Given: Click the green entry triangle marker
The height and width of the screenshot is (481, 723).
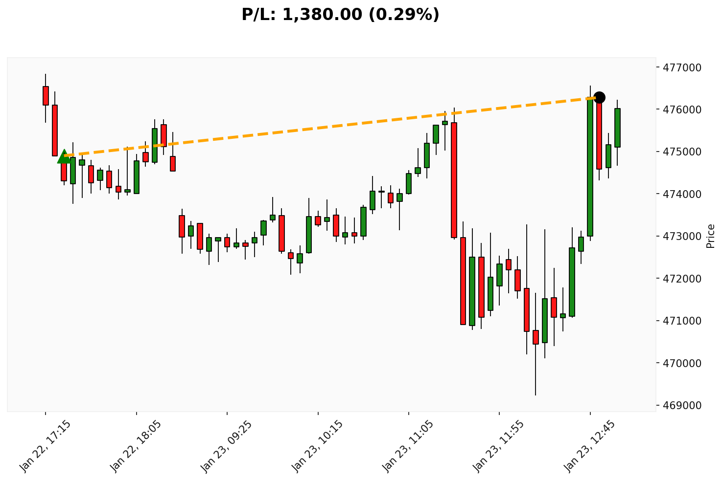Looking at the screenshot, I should tap(64, 157).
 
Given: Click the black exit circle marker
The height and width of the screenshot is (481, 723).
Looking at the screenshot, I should tap(599, 97).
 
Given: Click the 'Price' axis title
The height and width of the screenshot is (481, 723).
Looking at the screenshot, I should tap(711, 236).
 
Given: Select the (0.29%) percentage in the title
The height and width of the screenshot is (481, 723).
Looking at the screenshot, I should tap(404, 15).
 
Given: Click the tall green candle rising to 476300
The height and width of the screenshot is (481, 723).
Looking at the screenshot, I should tap(590, 166).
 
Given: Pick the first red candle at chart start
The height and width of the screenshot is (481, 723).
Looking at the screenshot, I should tap(46, 95).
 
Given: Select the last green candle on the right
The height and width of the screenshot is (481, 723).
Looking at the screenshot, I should tap(617, 128).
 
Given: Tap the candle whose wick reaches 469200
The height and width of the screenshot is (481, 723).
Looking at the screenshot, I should tap(536, 337).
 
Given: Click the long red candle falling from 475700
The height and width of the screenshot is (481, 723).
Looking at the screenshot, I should tap(454, 180).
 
